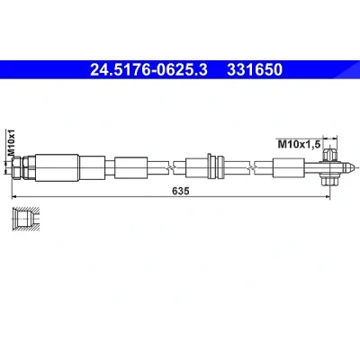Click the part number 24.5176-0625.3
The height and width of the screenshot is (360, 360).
[148, 70]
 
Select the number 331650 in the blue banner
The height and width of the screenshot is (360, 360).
[255, 70]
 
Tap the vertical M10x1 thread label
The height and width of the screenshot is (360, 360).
[11, 142]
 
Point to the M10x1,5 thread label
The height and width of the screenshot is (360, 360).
[300, 145]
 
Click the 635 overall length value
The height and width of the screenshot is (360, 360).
[181, 191]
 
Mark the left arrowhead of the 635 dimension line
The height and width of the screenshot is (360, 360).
[13, 197]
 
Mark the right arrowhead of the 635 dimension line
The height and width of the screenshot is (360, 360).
[328, 197]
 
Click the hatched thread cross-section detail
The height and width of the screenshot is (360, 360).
[25, 219]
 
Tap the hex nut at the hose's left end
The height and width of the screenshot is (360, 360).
[17, 167]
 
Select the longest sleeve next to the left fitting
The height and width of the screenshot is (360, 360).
[57, 167]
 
